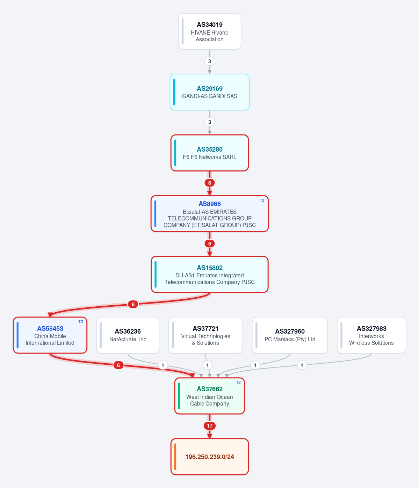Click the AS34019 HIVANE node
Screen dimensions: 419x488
click(210, 31)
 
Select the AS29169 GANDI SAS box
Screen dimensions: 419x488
click(210, 92)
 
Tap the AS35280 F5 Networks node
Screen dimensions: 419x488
click(210, 153)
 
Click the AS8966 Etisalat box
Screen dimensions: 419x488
click(210, 214)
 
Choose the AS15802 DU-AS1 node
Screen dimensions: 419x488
click(210, 274)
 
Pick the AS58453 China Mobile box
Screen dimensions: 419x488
click(50, 335)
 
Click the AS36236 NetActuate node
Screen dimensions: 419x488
click(128, 335)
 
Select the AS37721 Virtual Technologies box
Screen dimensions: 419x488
click(205, 335)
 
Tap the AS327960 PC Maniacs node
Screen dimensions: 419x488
click(290, 335)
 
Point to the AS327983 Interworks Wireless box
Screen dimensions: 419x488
click(371, 335)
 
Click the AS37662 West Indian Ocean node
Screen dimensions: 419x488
click(210, 396)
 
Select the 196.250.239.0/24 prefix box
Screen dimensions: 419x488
click(210, 457)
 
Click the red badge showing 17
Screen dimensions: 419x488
click(210, 426)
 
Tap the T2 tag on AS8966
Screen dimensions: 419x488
click(262, 201)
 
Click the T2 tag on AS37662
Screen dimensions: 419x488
click(238, 383)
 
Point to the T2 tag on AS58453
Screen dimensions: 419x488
click(80, 322)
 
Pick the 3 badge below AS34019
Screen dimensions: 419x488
click(210, 61)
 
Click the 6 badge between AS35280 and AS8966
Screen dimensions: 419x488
click(210, 183)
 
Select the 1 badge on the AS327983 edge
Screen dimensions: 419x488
click(302, 365)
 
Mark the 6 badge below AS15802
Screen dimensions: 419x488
click(133, 304)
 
